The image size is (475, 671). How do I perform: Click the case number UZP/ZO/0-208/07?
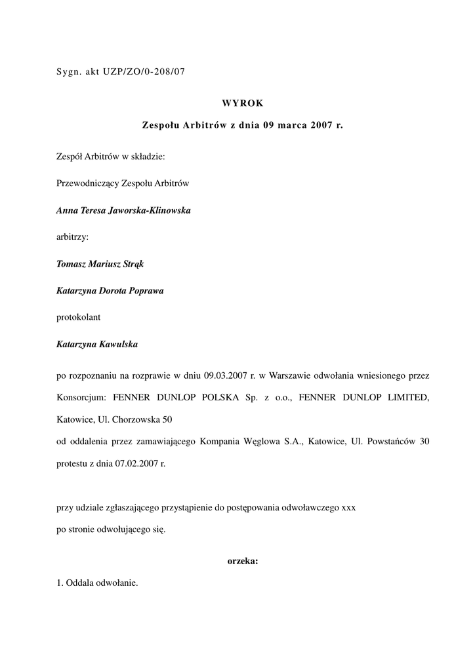coord(144,72)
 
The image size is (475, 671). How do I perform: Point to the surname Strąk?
coord(131,264)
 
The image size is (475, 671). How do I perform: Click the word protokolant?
coord(79,317)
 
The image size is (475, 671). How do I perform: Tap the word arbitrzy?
coord(72,237)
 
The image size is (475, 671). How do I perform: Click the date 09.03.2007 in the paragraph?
coord(225,376)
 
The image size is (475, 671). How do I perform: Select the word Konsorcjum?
coord(81,397)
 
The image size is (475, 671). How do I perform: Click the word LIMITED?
coord(407,397)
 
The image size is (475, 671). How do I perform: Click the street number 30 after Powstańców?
coord(424,442)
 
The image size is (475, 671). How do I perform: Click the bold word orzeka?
coord(242,561)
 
